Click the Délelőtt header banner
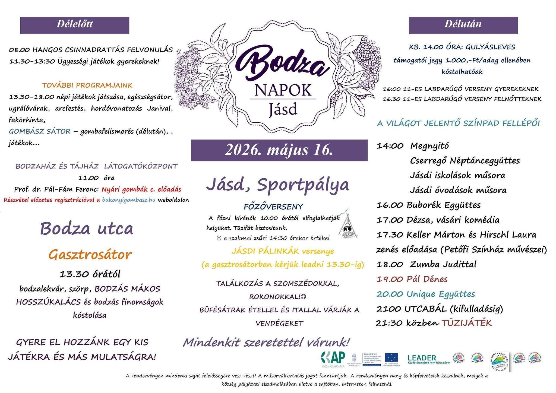(x=75, y=25)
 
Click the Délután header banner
(x=463, y=25)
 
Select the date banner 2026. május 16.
(x=279, y=150)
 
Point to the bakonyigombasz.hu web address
(x=129, y=200)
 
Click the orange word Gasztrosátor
(x=90, y=255)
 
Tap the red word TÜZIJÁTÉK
(x=466, y=323)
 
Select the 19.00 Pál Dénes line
(x=412, y=279)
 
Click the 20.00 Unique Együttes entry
(x=425, y=294)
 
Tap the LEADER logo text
(x=422, y=358)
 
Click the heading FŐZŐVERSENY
(x=273, y=207)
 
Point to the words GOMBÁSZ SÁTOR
(x=40, y=132)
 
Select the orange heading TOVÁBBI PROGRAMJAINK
(x=87, y=85)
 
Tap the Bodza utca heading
(x=87, y=229)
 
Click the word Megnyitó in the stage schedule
(x=429, y=146)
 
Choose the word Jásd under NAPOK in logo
(x=283, y=109)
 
